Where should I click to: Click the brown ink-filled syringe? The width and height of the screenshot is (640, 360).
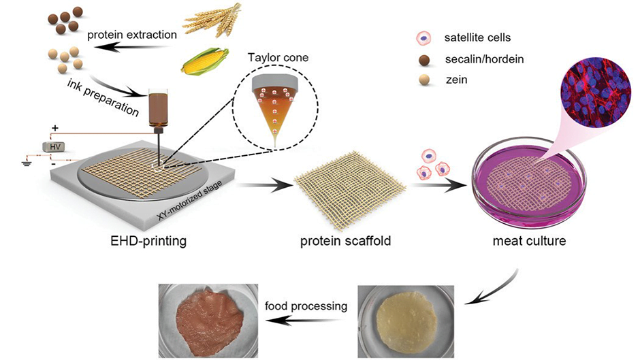coord(159,109)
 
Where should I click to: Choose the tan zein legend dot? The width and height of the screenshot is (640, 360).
coord(423,80)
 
